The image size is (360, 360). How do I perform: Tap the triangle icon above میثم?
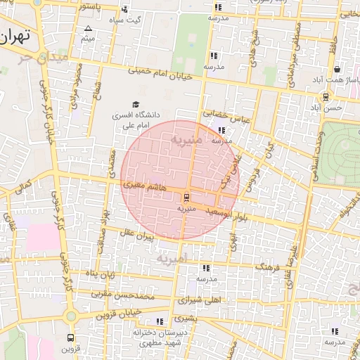pos(88,29)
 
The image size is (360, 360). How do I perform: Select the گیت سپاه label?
pos(128,20)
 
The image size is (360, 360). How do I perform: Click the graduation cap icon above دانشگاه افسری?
pos(135,105)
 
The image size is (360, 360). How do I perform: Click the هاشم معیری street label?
pos(144,186)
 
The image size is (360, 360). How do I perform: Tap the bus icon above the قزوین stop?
pos(71,337)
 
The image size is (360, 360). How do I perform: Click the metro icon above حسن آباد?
pos(325,97)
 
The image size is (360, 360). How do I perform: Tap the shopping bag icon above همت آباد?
pos(337,70)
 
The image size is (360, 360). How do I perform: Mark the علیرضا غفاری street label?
pos(292,268)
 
